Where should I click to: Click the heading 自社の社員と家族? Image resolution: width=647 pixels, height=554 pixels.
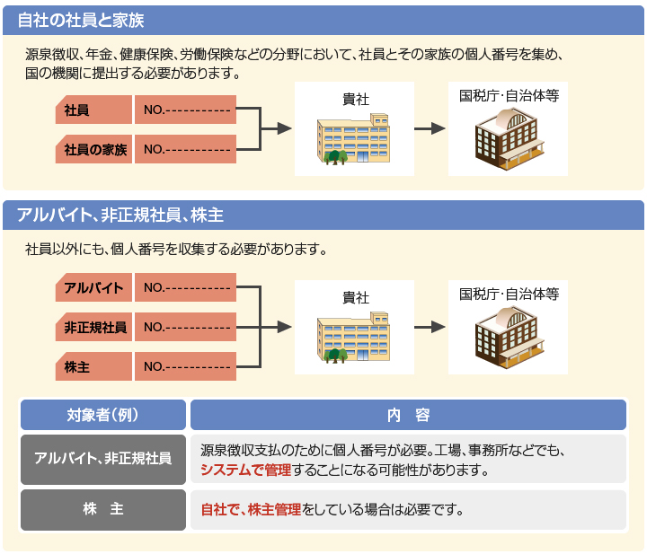tap(81, 19)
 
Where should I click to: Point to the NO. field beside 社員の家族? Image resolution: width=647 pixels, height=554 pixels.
tap(186, 149)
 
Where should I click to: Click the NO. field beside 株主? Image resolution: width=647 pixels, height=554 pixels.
tap(186, 366)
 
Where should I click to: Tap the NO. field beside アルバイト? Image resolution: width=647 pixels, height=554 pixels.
tap(186, 287)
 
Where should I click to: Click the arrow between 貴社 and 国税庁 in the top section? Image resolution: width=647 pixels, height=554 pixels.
tap(430, 129)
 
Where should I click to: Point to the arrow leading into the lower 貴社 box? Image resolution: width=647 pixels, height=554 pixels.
tap(279, 327)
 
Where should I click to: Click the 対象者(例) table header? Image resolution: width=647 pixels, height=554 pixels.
tap(102, 415)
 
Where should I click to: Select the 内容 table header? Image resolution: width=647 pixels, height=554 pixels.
tap(408, 415)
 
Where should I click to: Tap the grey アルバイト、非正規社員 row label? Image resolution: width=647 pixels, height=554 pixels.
tap(102, 459)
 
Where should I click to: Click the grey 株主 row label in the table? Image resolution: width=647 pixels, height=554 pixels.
tap(102, 509)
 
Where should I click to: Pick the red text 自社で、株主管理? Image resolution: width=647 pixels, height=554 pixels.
tap(251, 510)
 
